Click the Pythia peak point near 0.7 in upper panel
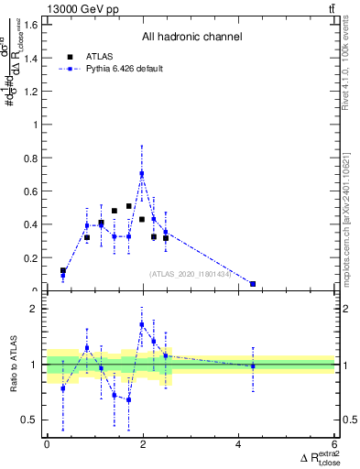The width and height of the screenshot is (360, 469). point(142,173)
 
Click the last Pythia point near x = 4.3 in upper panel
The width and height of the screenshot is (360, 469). point(253,284)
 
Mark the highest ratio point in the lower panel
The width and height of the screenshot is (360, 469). point(142,324)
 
